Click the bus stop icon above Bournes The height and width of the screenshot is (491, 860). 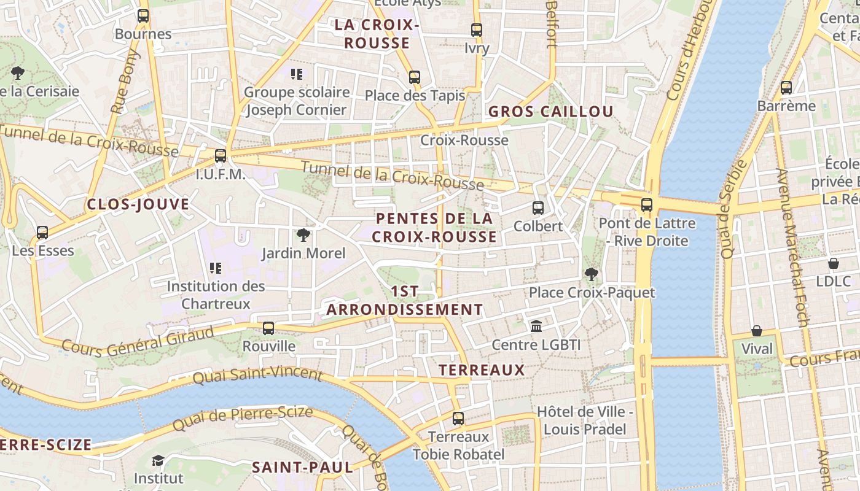click(x=143, y=16)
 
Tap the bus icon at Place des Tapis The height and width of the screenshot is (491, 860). click(x=415, y=77)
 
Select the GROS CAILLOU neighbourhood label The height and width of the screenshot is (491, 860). click(x=550, y=111)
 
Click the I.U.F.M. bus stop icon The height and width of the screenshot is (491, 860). click(x=221, y=156)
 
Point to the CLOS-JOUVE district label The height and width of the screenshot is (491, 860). click(x=138, y=204)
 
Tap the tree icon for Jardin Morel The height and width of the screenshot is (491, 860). click(x=303, y=234)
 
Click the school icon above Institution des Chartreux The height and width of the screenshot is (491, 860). click(x=215, y=268)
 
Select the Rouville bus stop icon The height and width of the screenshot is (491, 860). click(x=268, y=328)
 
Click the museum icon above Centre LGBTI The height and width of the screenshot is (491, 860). click(x=536, y=326)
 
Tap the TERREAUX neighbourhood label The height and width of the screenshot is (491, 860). click(x=482, y=369)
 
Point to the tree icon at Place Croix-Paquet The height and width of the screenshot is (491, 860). click(x=592, y=274)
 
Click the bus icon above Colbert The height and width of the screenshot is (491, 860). click(x=538, y=207)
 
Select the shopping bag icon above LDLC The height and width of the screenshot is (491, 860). click(x=834, y=263)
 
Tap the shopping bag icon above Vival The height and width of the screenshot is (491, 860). click(x=757, y=331)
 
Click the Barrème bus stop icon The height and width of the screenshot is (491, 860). click(x=786, y=88)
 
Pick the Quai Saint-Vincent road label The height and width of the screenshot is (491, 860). click(x=257, y=374)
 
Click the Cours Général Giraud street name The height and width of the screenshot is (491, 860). click(x=138, y=340)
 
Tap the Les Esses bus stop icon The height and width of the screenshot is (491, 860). click(x=42, y=233)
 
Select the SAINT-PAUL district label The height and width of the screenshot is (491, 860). click(x=302, y=467)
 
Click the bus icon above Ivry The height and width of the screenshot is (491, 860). click(x=477, y=29)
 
